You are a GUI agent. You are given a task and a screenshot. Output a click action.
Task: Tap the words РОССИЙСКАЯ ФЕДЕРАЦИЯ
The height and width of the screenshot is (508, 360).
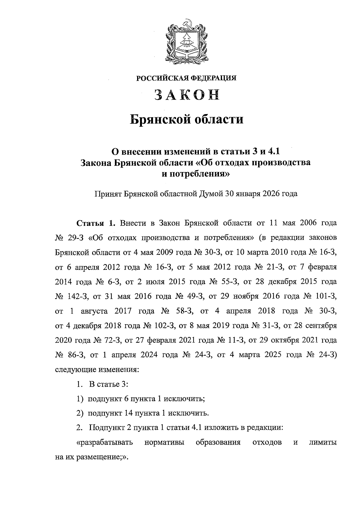pyautogui.click(x=186, y=78)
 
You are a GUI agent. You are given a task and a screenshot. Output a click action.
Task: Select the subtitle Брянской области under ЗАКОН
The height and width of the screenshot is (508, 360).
pyautogui.click(x=186, y=119)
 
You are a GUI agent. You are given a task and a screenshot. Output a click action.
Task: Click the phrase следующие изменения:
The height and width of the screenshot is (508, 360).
pyautogui.click(x=97, y=370)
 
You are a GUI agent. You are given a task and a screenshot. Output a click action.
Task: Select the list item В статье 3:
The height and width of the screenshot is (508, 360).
pyautogui.click(x=108, y=384)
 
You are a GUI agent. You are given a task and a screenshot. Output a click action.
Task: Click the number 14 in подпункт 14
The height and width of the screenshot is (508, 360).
pyautogui.click(x=128, y=413)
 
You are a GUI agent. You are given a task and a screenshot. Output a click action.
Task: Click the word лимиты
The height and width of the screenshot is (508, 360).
pyautogui.click(x=322, y=443)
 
